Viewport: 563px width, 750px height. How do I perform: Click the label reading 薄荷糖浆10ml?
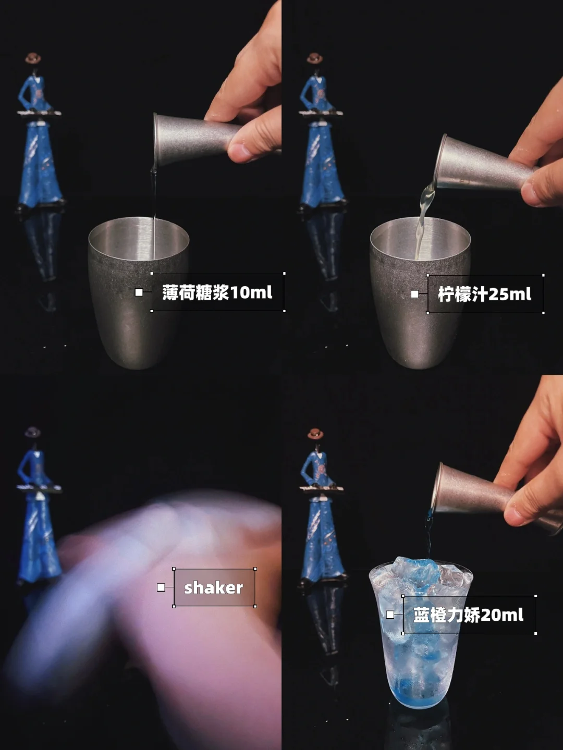(x=217, y=292)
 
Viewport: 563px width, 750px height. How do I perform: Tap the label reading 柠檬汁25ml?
(x=485, y=294)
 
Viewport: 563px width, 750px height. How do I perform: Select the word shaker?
(x=214, y=588)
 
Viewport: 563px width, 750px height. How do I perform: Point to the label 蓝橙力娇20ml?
(x=468, y=615)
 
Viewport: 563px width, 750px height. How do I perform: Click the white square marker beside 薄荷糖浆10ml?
(x=139, y=292)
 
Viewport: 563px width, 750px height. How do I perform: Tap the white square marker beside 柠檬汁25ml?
(x=414, y=294)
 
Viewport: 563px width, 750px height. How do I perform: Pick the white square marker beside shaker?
(x=161, y=587)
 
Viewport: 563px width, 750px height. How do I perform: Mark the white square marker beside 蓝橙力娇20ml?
(x=390, y=614)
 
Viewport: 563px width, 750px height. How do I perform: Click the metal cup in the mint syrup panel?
(x=138, y=292)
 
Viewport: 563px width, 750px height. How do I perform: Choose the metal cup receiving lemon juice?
(x=421, y=292)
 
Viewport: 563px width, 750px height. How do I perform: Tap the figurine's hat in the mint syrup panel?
(x=33, y=58)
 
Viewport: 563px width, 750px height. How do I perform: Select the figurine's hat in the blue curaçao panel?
(x=315, y=433)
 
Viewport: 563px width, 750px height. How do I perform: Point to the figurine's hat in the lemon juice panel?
(x=315, y=58)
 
